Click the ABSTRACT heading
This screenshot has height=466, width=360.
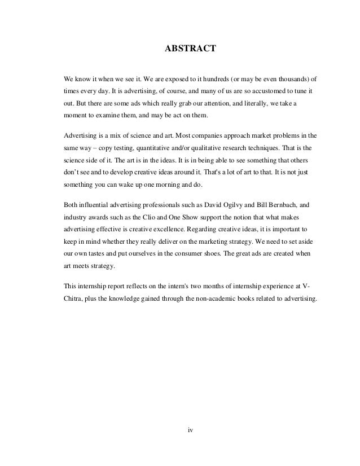(x=190, y=49)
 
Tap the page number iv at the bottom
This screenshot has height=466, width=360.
(x=190, y=430)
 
